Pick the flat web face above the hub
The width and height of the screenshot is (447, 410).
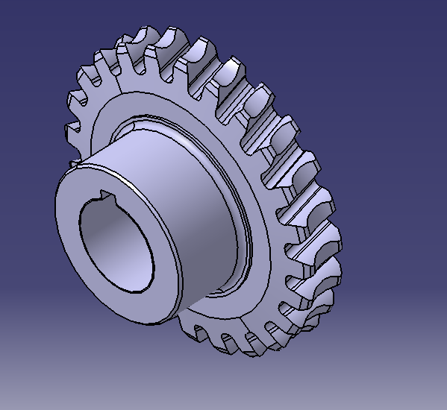(x=149, y=97)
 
